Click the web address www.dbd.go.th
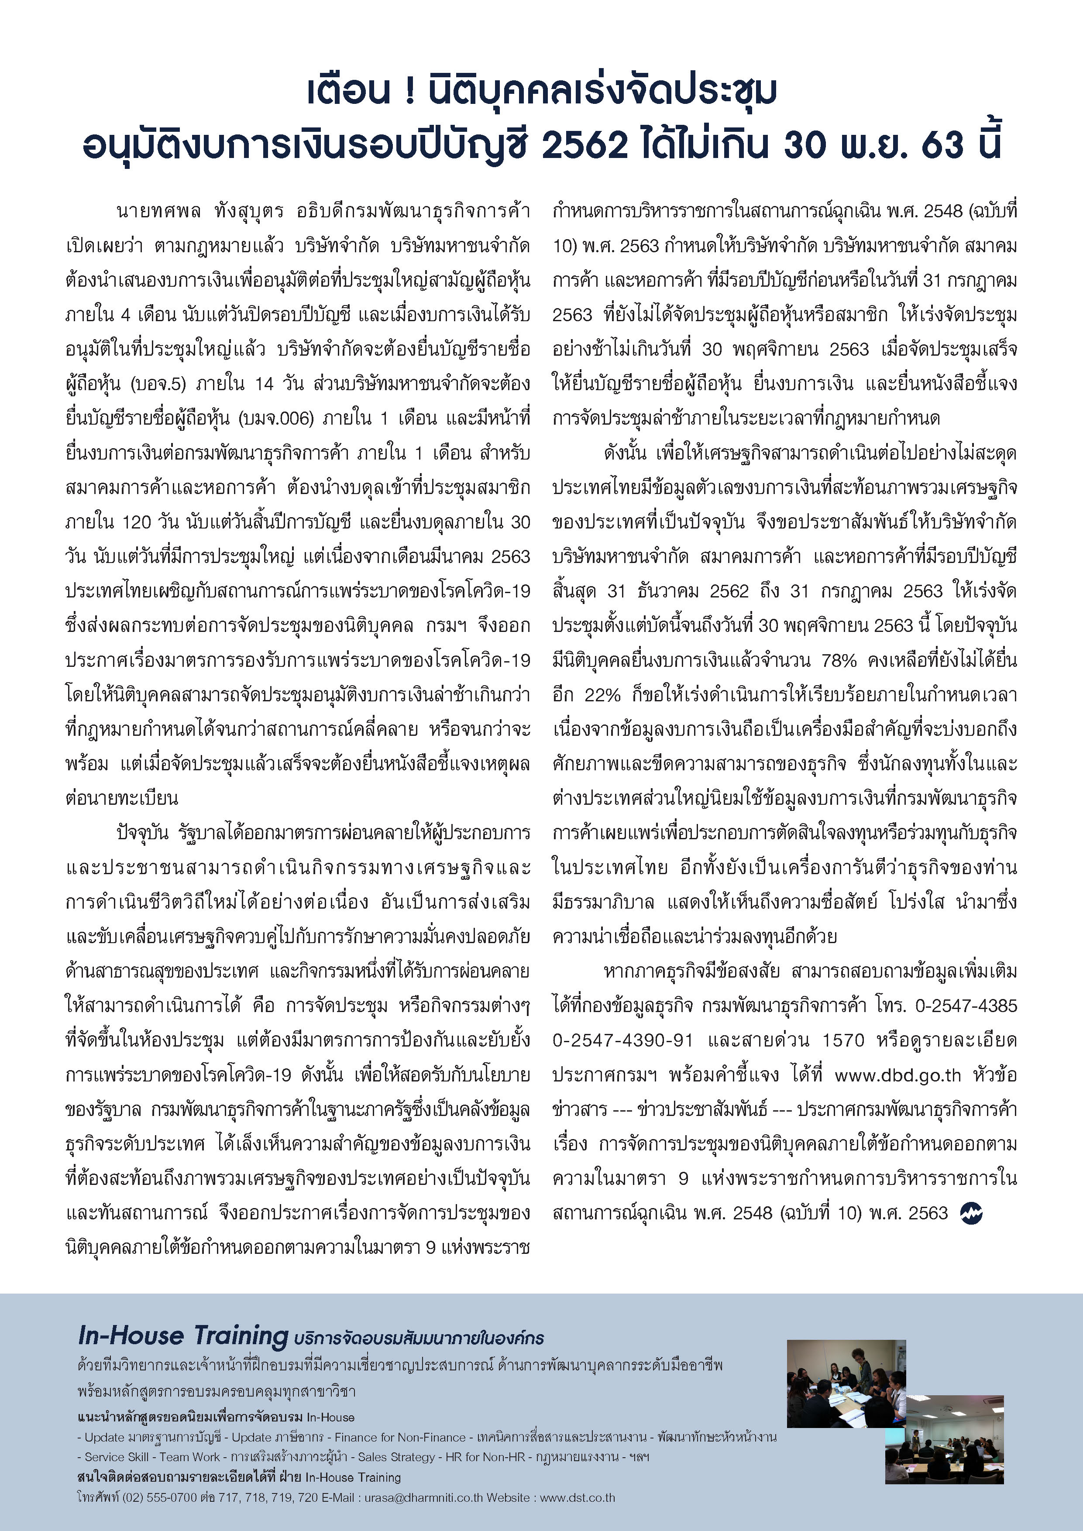click(x=897, y=1075)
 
